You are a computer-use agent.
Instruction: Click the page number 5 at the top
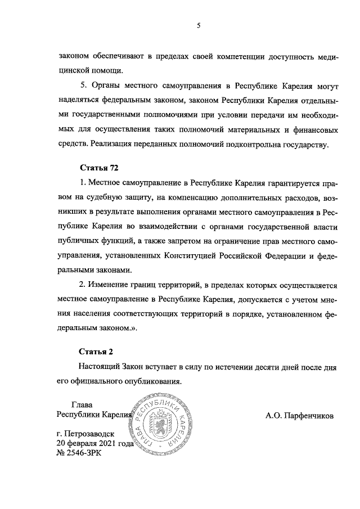click(199, 25)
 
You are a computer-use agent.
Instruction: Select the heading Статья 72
click(100, 168)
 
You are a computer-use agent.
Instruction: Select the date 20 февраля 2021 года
click(95, 443)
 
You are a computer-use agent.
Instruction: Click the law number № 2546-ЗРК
click(80, 453)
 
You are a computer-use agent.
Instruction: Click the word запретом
click(174, 241)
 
